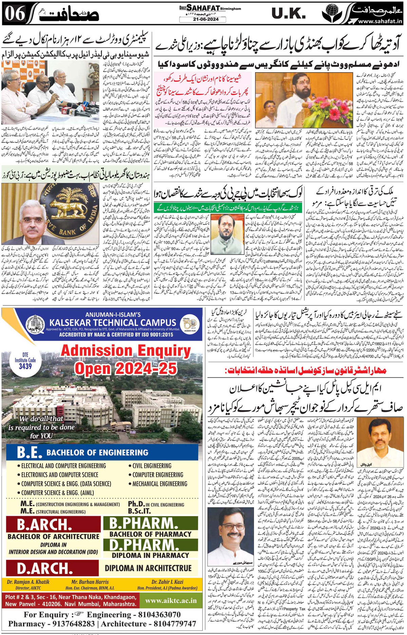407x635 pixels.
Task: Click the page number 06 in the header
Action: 15,14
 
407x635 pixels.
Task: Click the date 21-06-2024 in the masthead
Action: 203,19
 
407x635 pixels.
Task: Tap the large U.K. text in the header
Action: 289,14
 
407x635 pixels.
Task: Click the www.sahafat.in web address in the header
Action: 380,21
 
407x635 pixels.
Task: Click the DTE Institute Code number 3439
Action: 25,366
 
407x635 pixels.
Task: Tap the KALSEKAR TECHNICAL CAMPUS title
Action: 113,322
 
